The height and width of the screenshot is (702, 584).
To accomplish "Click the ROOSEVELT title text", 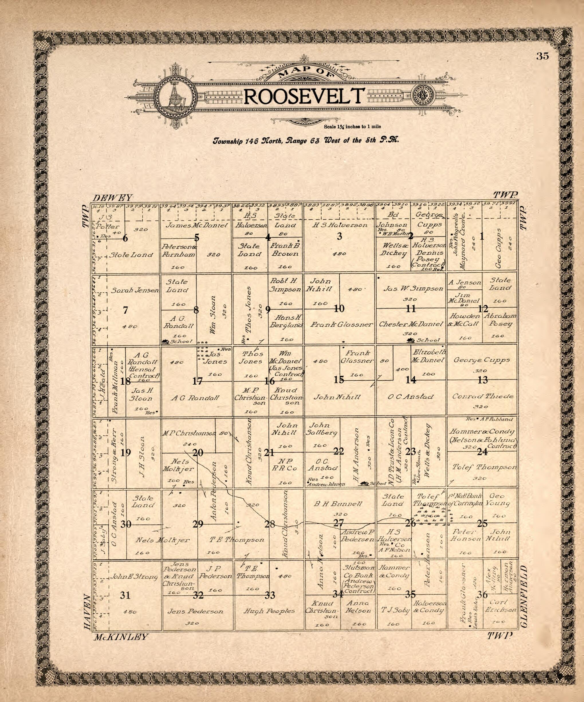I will tap(304, 96).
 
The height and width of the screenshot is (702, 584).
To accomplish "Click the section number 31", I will tap(125, 595).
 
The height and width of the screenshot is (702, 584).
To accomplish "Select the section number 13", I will tap(483, 380).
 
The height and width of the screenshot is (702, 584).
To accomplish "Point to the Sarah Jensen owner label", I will tap(135, 290).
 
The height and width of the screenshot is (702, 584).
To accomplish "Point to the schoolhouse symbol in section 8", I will tap(165, 341).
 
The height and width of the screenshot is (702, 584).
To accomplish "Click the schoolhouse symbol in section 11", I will tap(410, 340).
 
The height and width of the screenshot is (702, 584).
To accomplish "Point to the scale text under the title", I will tap(352, 127).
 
